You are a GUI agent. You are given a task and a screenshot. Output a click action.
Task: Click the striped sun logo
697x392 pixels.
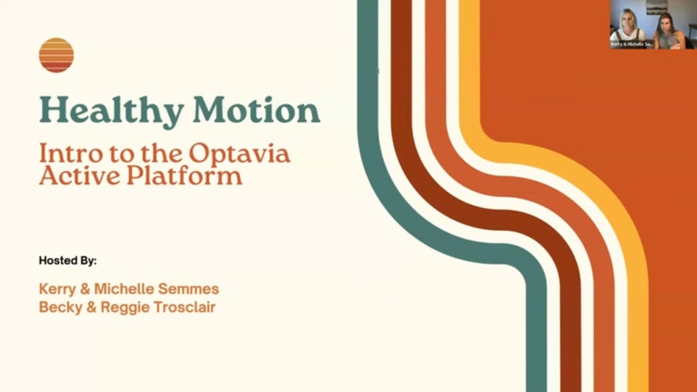[56, 55]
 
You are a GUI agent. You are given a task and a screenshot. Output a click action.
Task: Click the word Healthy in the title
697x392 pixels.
[112, 111]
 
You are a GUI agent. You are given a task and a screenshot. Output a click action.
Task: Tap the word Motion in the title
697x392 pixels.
[256, 110]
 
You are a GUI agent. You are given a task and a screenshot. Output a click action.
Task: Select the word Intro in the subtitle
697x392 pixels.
[72, 154]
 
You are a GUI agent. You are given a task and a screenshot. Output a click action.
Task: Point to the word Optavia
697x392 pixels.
[240, 154]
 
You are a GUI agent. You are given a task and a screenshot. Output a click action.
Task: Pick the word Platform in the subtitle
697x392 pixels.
[185, 175]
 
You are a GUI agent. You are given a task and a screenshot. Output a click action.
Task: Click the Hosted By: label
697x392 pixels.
[68, 260]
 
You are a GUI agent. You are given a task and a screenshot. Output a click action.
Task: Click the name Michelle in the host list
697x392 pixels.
[124, 289]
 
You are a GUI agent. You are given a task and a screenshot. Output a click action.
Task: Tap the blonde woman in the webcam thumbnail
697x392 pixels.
[628, 28]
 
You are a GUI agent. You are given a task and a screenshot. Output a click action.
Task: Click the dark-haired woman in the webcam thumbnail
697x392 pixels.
[668, 31]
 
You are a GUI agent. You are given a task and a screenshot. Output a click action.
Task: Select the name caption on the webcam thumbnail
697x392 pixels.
[631, 45]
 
